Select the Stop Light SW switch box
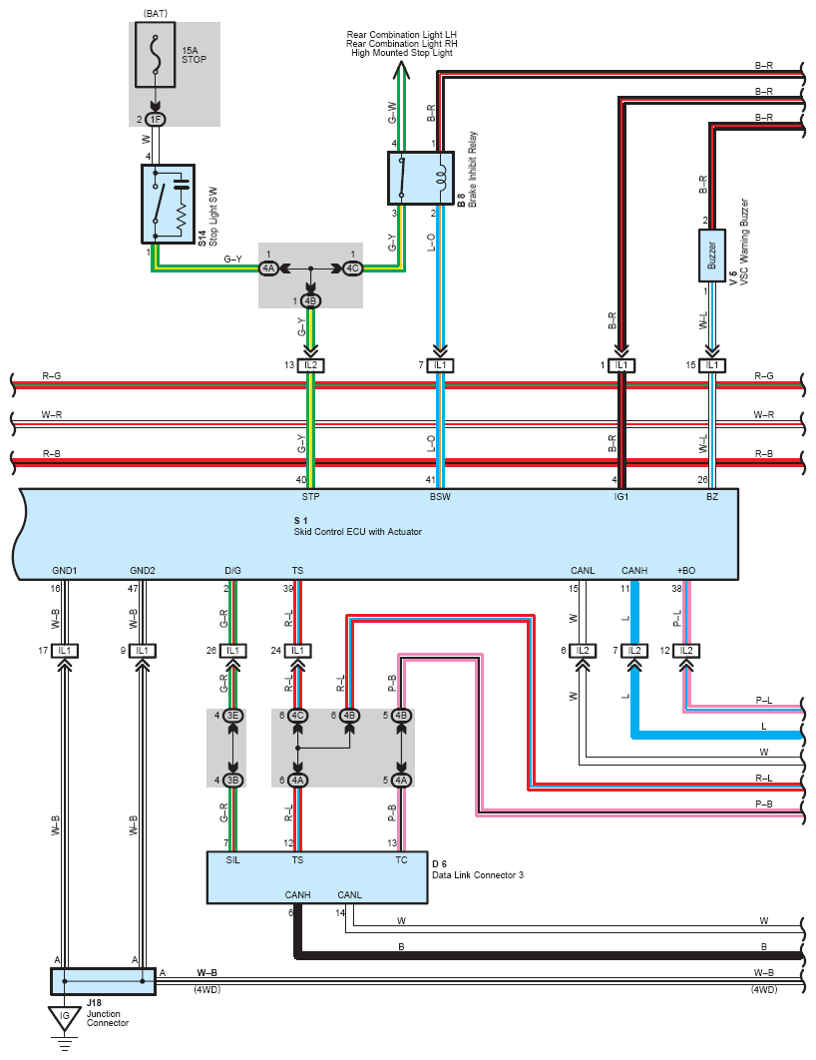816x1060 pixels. (x=169, y=205)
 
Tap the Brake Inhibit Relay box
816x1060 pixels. (x=420, y=178)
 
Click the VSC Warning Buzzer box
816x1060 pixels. (x=711, y=256)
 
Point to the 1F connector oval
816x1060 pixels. (x=156, y=120)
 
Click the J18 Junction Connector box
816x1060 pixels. (x=104, y=981)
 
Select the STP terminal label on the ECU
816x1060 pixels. (x=310, y=497)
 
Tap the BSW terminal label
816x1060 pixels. (x=440, y=497)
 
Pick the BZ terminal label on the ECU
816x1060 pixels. (x=712, y=497)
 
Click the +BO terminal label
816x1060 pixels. (x=685, y=571)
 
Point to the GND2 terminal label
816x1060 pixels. (x=143, y=571)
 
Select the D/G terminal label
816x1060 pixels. (x=233, y=571)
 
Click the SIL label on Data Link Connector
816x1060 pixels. (x=233, y=860)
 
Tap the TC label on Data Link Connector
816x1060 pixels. (x=401, y=860)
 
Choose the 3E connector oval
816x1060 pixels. (x=233, y=716)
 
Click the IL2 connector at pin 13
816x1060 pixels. (x=310, y=365)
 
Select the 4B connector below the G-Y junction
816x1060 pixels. (x=310, y=300)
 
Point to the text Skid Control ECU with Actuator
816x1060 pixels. (x=357, y=532)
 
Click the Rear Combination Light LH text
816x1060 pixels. (x=402, y=35)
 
